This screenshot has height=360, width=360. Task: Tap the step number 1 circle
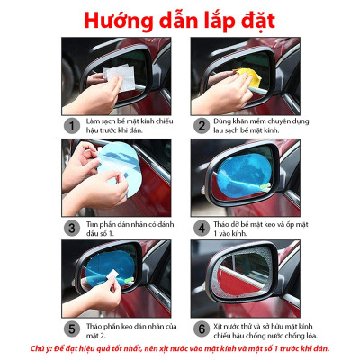(x=70, y=126)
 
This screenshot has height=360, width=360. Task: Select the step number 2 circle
(x=201, y=126)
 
